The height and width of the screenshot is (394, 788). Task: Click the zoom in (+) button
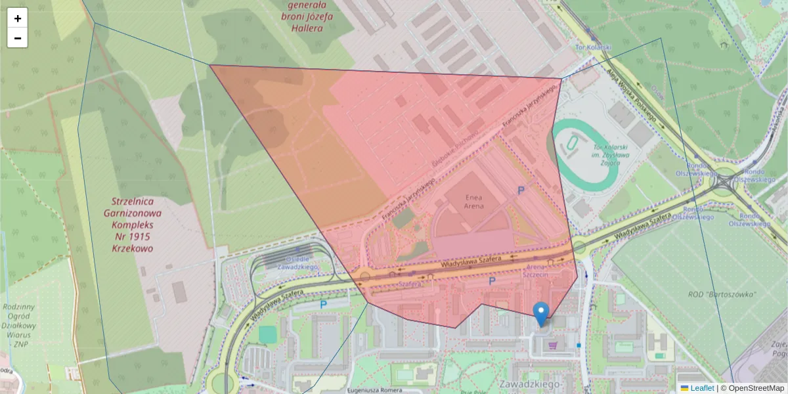(x=18, y=18)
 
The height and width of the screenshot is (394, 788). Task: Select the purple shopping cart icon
(x=553, y=344)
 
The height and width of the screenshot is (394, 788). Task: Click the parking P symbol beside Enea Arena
(x=521, y=190)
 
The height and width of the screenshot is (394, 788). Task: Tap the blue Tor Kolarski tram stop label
(x=594, y=48)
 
